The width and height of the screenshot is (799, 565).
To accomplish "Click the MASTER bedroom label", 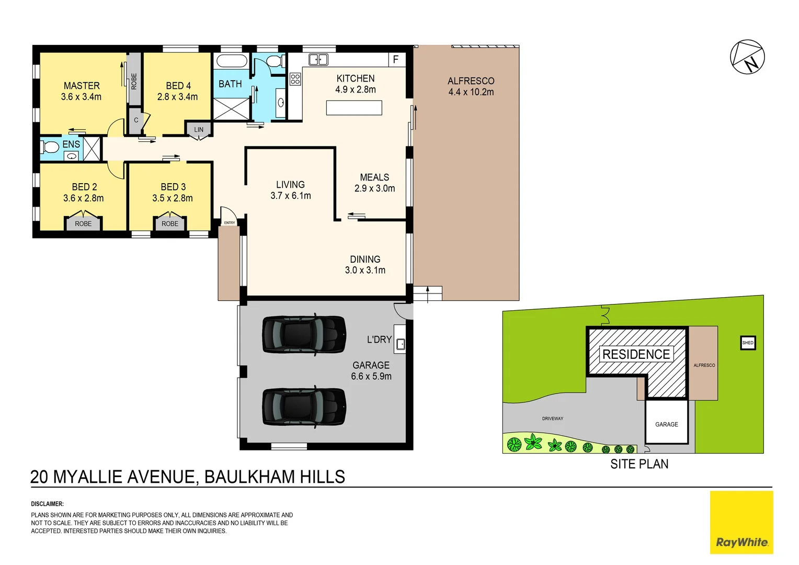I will tap(81, 86).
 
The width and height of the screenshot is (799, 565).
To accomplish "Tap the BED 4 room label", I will tap(178, 86).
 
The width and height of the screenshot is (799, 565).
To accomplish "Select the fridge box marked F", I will tap(396, 60).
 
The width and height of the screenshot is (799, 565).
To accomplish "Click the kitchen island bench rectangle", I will tap(354, 108).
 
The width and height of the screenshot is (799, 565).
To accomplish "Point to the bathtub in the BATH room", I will tap(232, 61).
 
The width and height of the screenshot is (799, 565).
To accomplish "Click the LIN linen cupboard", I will tap(199, 129).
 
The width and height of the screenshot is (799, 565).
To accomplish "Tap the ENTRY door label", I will tap(230, 223).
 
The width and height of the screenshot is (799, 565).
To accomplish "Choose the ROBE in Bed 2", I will tap(83, 223).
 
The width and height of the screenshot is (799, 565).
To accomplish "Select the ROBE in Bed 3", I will tap(170, 223).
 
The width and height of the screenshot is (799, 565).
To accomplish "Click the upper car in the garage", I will tap(303, 335).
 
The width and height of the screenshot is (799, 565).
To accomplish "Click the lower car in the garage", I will tap(303, 408).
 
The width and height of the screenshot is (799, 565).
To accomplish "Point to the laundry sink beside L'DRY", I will tap(400, 344).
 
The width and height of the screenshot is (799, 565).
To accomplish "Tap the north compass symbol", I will tap(747, 57).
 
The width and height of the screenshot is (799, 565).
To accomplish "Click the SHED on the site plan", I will tap(748, 343).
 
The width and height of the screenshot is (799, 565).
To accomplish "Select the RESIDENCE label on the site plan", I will tap(636, 355).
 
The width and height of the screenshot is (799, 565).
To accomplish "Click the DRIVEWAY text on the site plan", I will tap(553, 419).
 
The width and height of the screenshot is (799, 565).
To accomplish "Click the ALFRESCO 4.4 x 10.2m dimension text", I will tap(471, 92).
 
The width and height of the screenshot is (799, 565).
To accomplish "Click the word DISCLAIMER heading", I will tap(47, 504).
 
